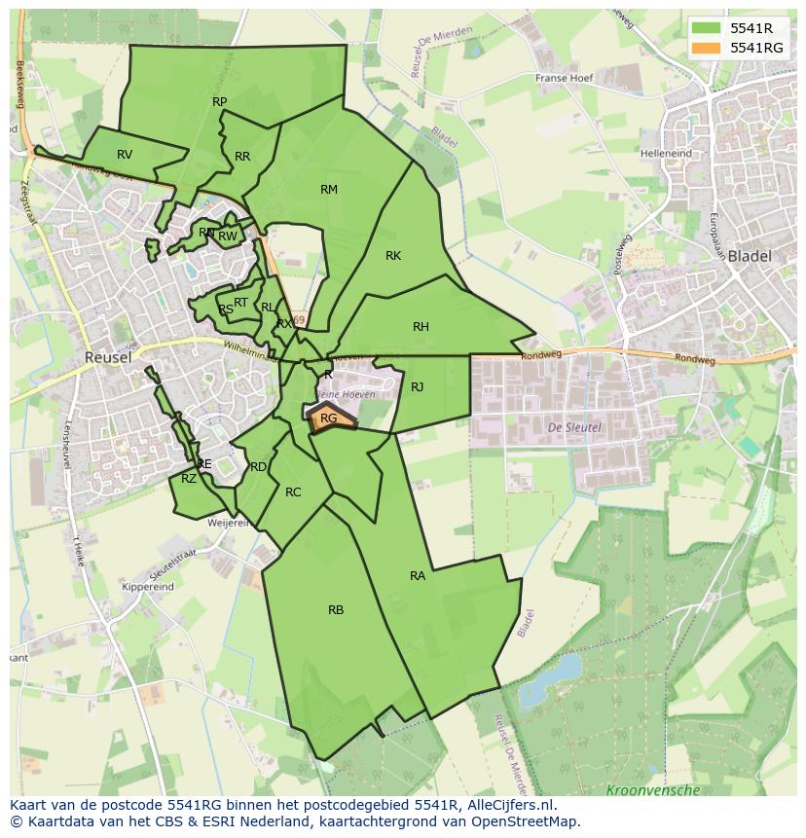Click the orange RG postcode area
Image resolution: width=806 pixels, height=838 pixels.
pos(330,419)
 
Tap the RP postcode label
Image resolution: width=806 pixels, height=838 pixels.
pos(219,102)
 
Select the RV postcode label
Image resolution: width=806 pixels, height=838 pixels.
pos(125,155)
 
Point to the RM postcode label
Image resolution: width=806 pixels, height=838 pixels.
pos(329,190)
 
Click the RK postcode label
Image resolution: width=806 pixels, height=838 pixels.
pos(393,256)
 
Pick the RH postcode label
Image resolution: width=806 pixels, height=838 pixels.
pos(421,327)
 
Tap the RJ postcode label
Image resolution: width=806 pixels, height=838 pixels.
pos(418,387)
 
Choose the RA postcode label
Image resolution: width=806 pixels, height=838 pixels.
pos(418,576)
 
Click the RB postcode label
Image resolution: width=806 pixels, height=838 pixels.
pos(336,610)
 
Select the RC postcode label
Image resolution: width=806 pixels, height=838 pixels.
pos(293,492)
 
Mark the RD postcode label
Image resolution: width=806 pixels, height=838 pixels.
pos(258,467)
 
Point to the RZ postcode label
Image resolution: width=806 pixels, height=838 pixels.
pos(189,478)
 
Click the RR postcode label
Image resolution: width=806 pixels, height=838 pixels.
pos(242,157)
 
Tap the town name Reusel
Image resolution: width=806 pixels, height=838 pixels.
pos(108,357)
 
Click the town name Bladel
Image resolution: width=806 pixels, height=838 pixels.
pos(750,257)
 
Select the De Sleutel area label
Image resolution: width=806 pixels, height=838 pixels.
pos(574,427)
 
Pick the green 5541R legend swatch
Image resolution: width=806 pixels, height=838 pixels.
pos(706,28)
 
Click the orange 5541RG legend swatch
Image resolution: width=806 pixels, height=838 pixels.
pos(706,48)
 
